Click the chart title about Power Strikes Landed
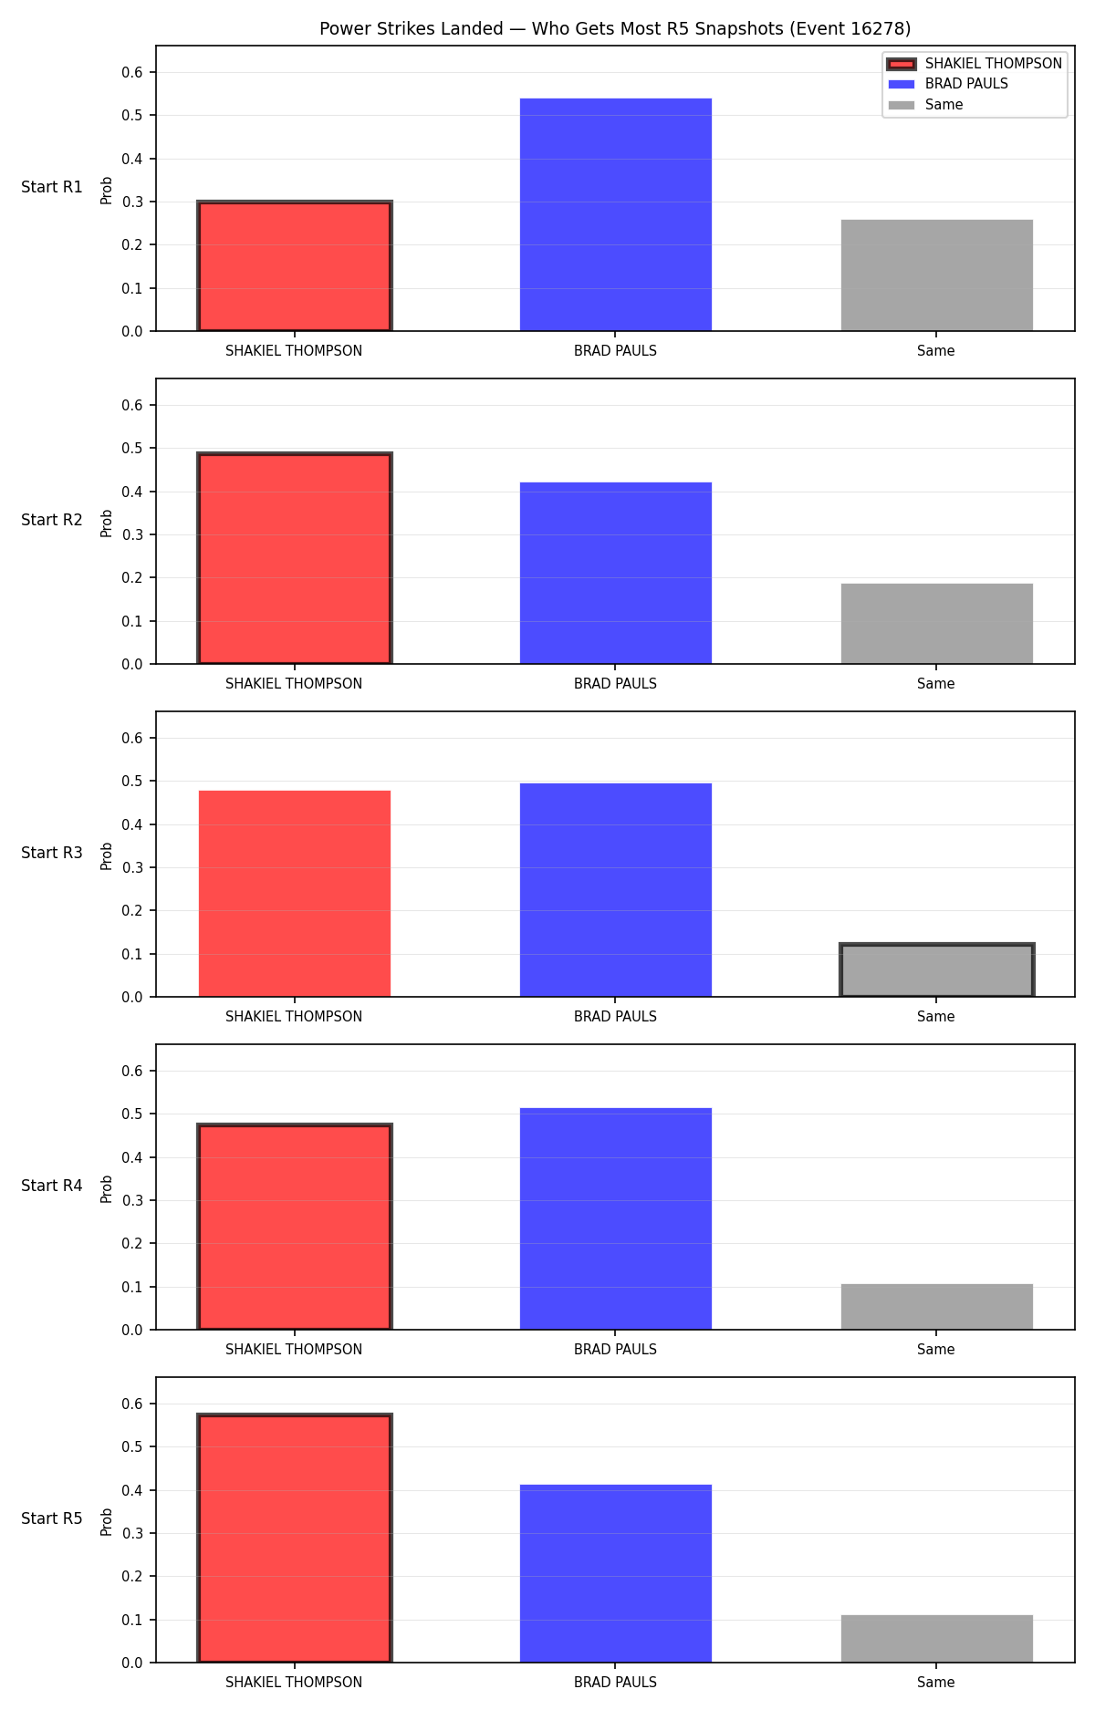pos(615,29)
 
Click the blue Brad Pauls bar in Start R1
pos(616,214)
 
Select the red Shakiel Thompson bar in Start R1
pos(295,266)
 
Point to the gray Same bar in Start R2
pos(937,624)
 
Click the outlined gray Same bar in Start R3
pos(937,970)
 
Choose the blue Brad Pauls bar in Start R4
pos(616,1218)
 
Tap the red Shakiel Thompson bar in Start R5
pos(295,1539)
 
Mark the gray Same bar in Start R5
pos(937,1639)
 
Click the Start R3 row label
pos(52,853)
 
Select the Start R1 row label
pos(52,187)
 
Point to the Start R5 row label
pos(52,1518)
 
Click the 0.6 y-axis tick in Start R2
pos(133,405)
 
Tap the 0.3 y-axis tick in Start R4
pos(133,1200)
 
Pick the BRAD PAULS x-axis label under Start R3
pos(615,1017)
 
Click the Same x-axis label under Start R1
pos(936,351)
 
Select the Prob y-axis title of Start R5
pos(107,1521)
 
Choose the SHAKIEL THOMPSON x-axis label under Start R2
pos(294,684)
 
